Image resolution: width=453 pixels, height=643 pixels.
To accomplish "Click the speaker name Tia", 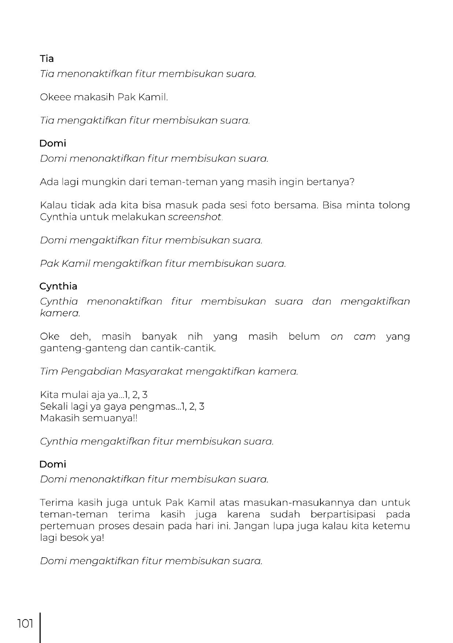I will pos(47,59).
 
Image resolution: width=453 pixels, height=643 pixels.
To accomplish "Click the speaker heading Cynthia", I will pos(58,286).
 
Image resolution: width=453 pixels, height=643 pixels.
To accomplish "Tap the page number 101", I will pos(25,623).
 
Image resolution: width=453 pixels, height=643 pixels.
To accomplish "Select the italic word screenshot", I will pos(195,217).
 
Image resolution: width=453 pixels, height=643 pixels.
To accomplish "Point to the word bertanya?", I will pos(331,182).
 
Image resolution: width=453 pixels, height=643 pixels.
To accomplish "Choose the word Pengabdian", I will pos(92,372).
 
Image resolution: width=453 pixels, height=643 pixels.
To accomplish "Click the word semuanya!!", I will pos(109,418).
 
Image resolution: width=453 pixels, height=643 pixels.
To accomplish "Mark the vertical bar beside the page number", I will pos(40,627).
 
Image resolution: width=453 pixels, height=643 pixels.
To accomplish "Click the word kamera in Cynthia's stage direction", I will pos(59,313).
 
